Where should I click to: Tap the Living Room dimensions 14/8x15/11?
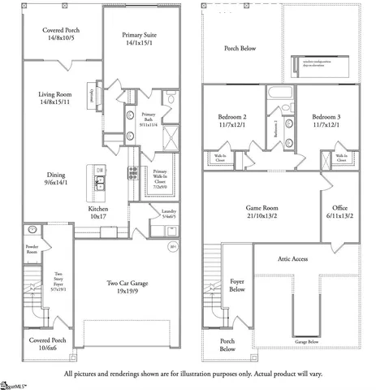55,102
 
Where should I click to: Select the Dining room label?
55,174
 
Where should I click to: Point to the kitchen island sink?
98,181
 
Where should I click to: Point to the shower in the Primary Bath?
171,136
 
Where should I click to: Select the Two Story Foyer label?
58,280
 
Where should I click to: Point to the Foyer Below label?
237,288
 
